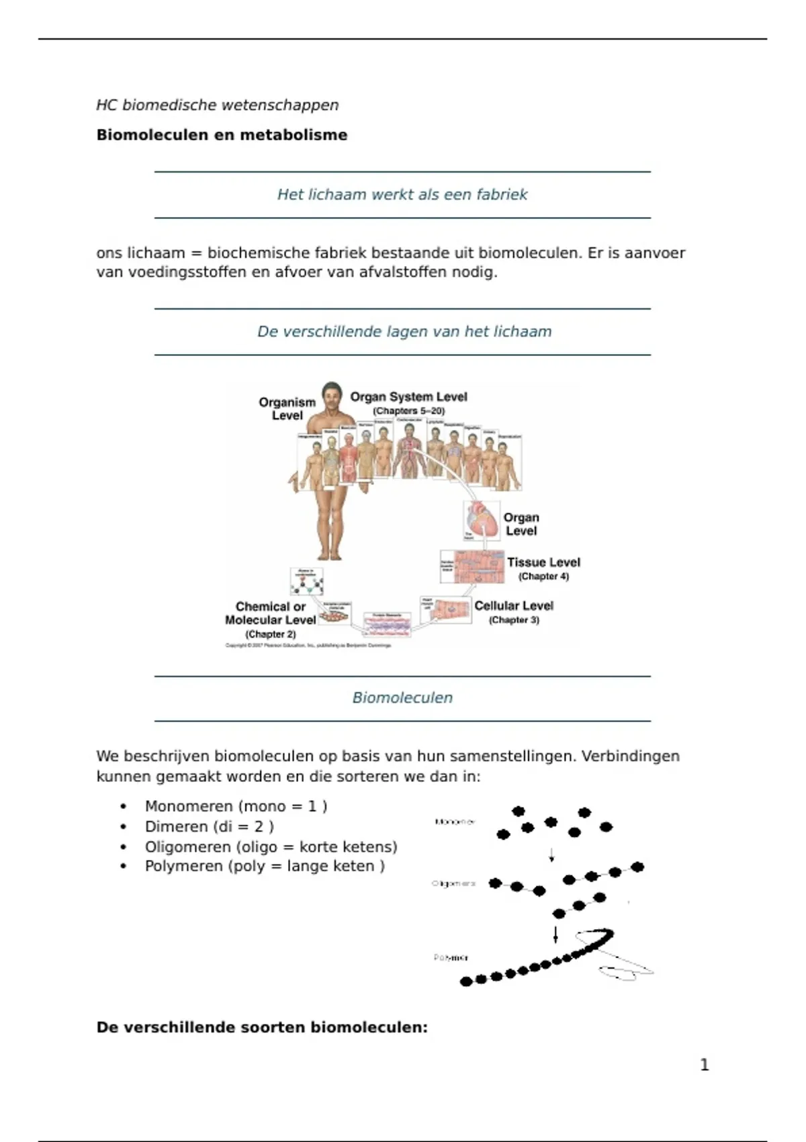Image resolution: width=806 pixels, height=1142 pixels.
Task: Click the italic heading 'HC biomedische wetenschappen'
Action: tap(217, 105)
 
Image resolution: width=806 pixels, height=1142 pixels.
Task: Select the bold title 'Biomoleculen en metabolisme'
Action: tap(222, 135)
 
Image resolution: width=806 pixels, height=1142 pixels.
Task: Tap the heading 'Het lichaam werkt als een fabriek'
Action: tap(402, 195)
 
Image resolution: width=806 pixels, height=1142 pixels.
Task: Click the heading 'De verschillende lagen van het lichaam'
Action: tap(404, 332)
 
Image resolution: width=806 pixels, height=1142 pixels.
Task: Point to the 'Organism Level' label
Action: tap(287, 408)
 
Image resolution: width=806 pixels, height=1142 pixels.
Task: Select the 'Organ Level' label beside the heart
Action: tap(521, 524)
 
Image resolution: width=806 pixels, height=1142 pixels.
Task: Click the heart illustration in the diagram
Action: tap(482, 519)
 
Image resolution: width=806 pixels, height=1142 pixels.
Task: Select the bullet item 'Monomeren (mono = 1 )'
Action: tap(236, 806)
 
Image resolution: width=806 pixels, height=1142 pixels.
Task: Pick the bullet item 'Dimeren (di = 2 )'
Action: tap(209, 826)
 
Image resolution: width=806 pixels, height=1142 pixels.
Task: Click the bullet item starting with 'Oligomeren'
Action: tap(271, 846)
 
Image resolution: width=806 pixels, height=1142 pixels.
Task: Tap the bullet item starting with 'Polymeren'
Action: tap(265, 866)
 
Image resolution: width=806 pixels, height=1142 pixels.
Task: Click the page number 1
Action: tap(704, 1065)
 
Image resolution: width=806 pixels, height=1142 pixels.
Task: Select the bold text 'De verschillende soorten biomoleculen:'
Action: tap(262, 1027)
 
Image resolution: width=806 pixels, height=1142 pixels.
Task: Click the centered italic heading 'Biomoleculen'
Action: tap(402, 698)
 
